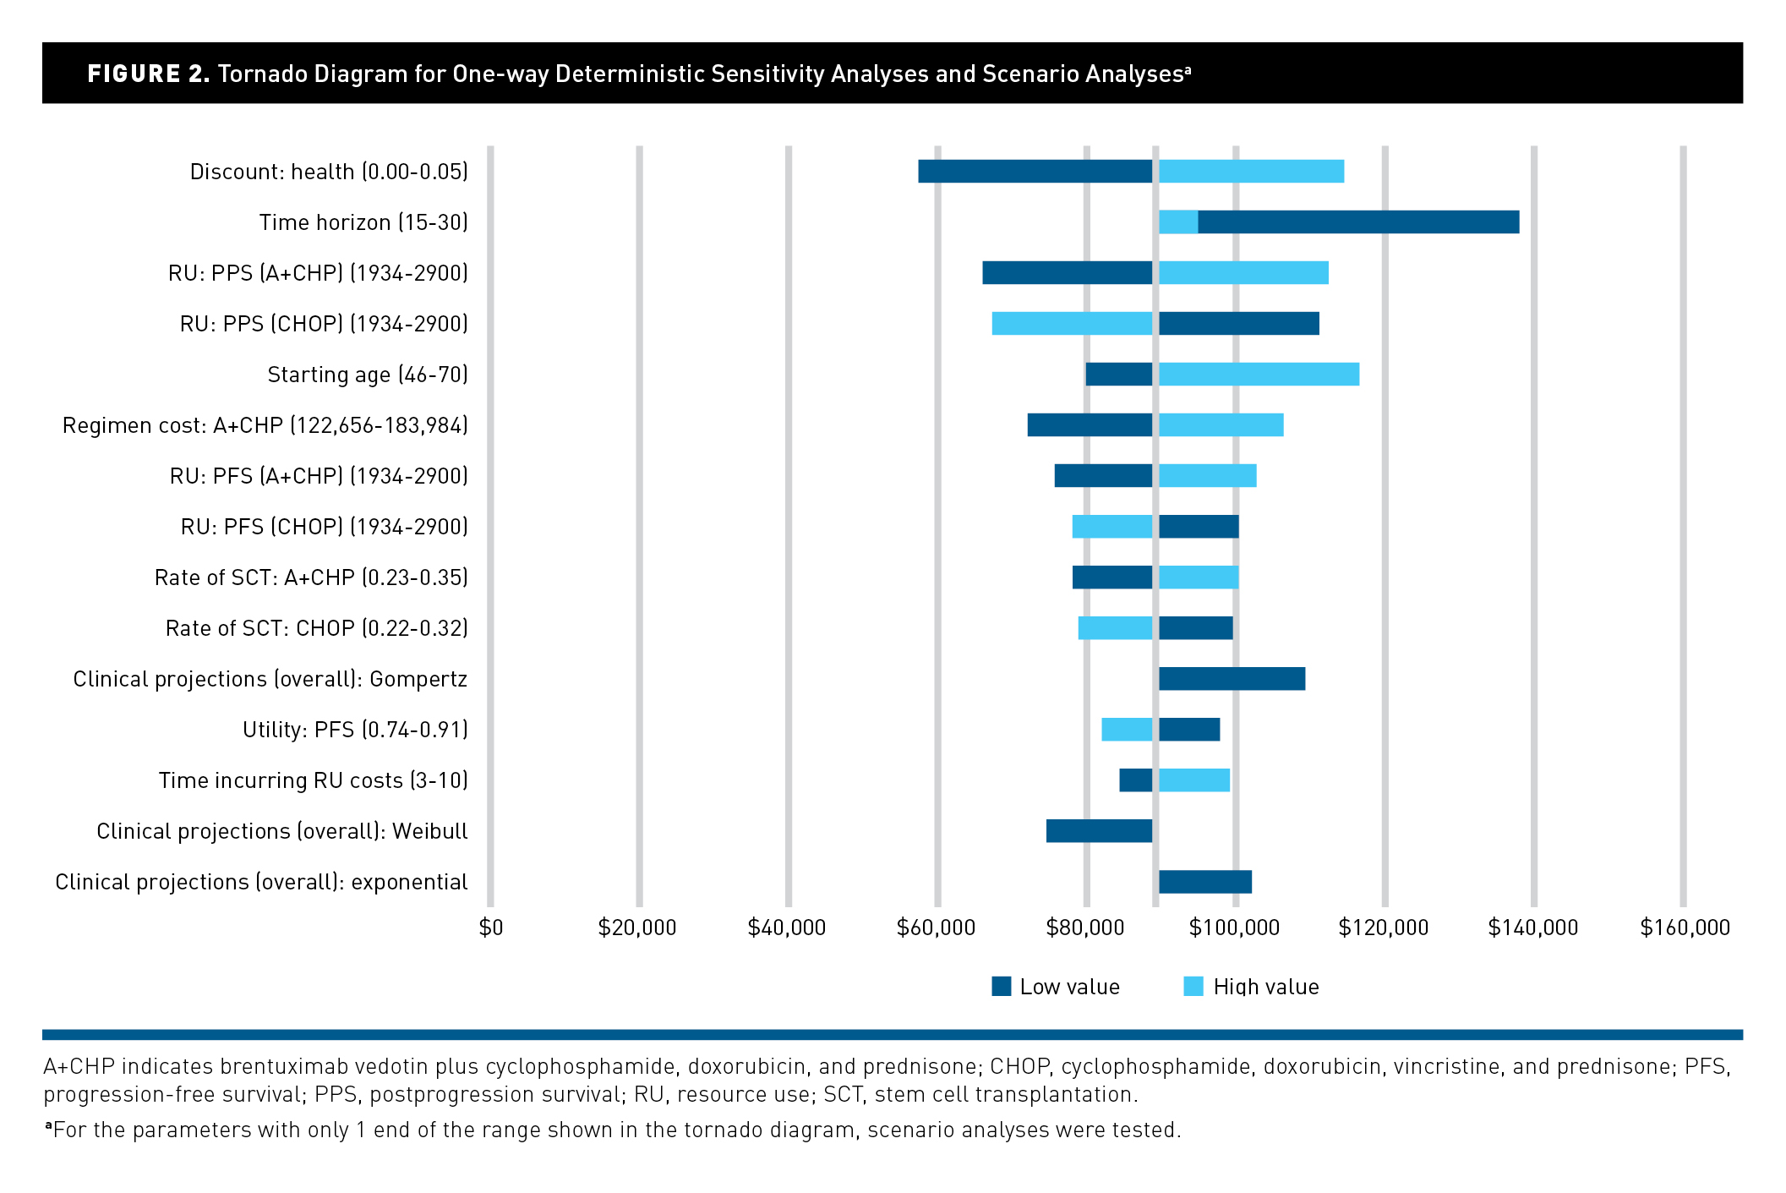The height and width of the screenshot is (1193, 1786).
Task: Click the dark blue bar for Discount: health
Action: coord(1035,171)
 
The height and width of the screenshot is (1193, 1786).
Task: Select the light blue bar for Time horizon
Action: coord(1177,222)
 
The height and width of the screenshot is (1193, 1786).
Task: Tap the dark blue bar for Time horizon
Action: coord(1357,222)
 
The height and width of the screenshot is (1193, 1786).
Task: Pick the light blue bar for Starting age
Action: coord(1259,374)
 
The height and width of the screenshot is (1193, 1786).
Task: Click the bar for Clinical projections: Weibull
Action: coord(1099,830)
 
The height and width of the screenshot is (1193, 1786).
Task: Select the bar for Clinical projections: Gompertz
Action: coord(1232,678)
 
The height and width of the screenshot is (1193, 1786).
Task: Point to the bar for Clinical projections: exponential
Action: coord(1204,881)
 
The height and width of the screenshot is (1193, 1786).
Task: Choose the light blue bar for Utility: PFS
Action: coord(1126,729)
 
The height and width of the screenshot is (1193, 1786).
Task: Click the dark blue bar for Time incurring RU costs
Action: coord(1135,780)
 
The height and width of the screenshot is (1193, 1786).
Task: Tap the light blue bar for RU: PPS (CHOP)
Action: coord(1072,323)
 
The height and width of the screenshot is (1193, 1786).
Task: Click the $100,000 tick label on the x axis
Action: coord(1234,928)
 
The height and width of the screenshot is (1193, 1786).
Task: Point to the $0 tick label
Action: coord(490,928)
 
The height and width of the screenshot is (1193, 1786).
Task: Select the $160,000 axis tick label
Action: coord(1685,928)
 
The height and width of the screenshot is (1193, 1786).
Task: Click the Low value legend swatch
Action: coord(1002,986)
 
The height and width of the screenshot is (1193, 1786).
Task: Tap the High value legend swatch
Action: coord(1193,986)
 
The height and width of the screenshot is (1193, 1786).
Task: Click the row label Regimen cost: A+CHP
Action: coord(265,424)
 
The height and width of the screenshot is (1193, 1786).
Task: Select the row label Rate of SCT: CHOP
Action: coord(316,627)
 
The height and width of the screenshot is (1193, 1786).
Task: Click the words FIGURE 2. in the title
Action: coord(149,74)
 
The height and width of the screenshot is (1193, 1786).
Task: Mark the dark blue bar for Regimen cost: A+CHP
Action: coord(1090,424)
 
